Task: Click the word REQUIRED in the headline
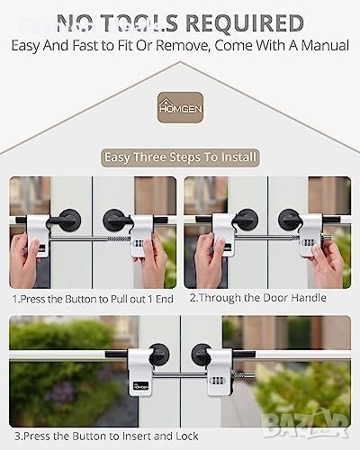pyautogui.click(x=244, y=23)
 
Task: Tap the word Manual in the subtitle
pyautogui.click(x=325, y=46)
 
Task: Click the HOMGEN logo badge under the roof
pyautogui.click(x=180, y=107)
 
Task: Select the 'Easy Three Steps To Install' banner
pyautogui.click(x=180, y=157)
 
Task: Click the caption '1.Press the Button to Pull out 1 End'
pyautogui.click(x=93, y=299)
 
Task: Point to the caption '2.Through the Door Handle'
pyautogui.click(x=258, y=298)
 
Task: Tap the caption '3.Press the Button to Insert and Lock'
pyautogui.click(x=106, y=436)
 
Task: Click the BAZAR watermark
pyautogui.click(x=305, y=424)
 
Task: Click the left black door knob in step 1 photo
pyautogui.click(x=69, y=220)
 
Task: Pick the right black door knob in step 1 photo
pyautogui.click(x=114, y=220)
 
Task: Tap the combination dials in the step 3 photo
pyautogui.click(x=218, y=382)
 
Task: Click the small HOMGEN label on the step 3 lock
pyautogui.click(x=140, y=386)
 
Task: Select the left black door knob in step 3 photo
pyautogui.click(x=158, y=355)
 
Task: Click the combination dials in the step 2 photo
pyautogui.click(x=308, y=242)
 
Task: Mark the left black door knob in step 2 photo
pyautogui.click(x=247, y=220)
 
